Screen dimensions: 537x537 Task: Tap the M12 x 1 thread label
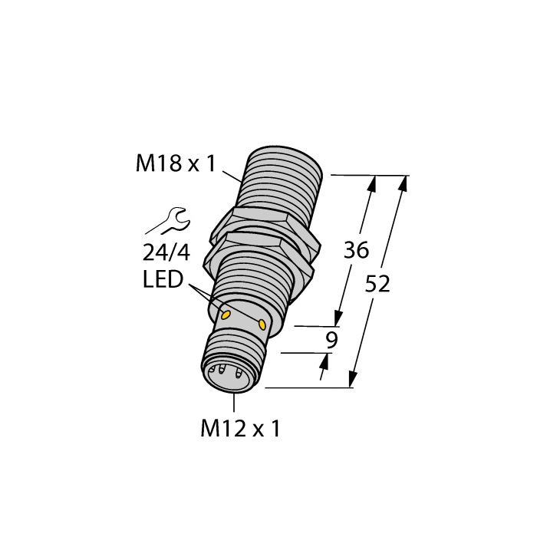[x=240, y=430]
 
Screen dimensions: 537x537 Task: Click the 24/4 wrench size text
[x=166, y=252]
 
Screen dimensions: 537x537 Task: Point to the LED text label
[x=163, y=280]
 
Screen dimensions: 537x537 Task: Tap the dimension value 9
[x=331, y=341]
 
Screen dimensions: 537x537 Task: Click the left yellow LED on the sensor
[x=226, y=315]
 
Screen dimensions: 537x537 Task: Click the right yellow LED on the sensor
[x=263, y=326]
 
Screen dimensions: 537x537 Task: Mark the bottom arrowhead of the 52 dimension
[x=354, y=380]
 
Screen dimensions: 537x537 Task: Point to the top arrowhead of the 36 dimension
[x=374, y=183]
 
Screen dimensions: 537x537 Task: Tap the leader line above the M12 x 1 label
[x=231, y=404]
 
